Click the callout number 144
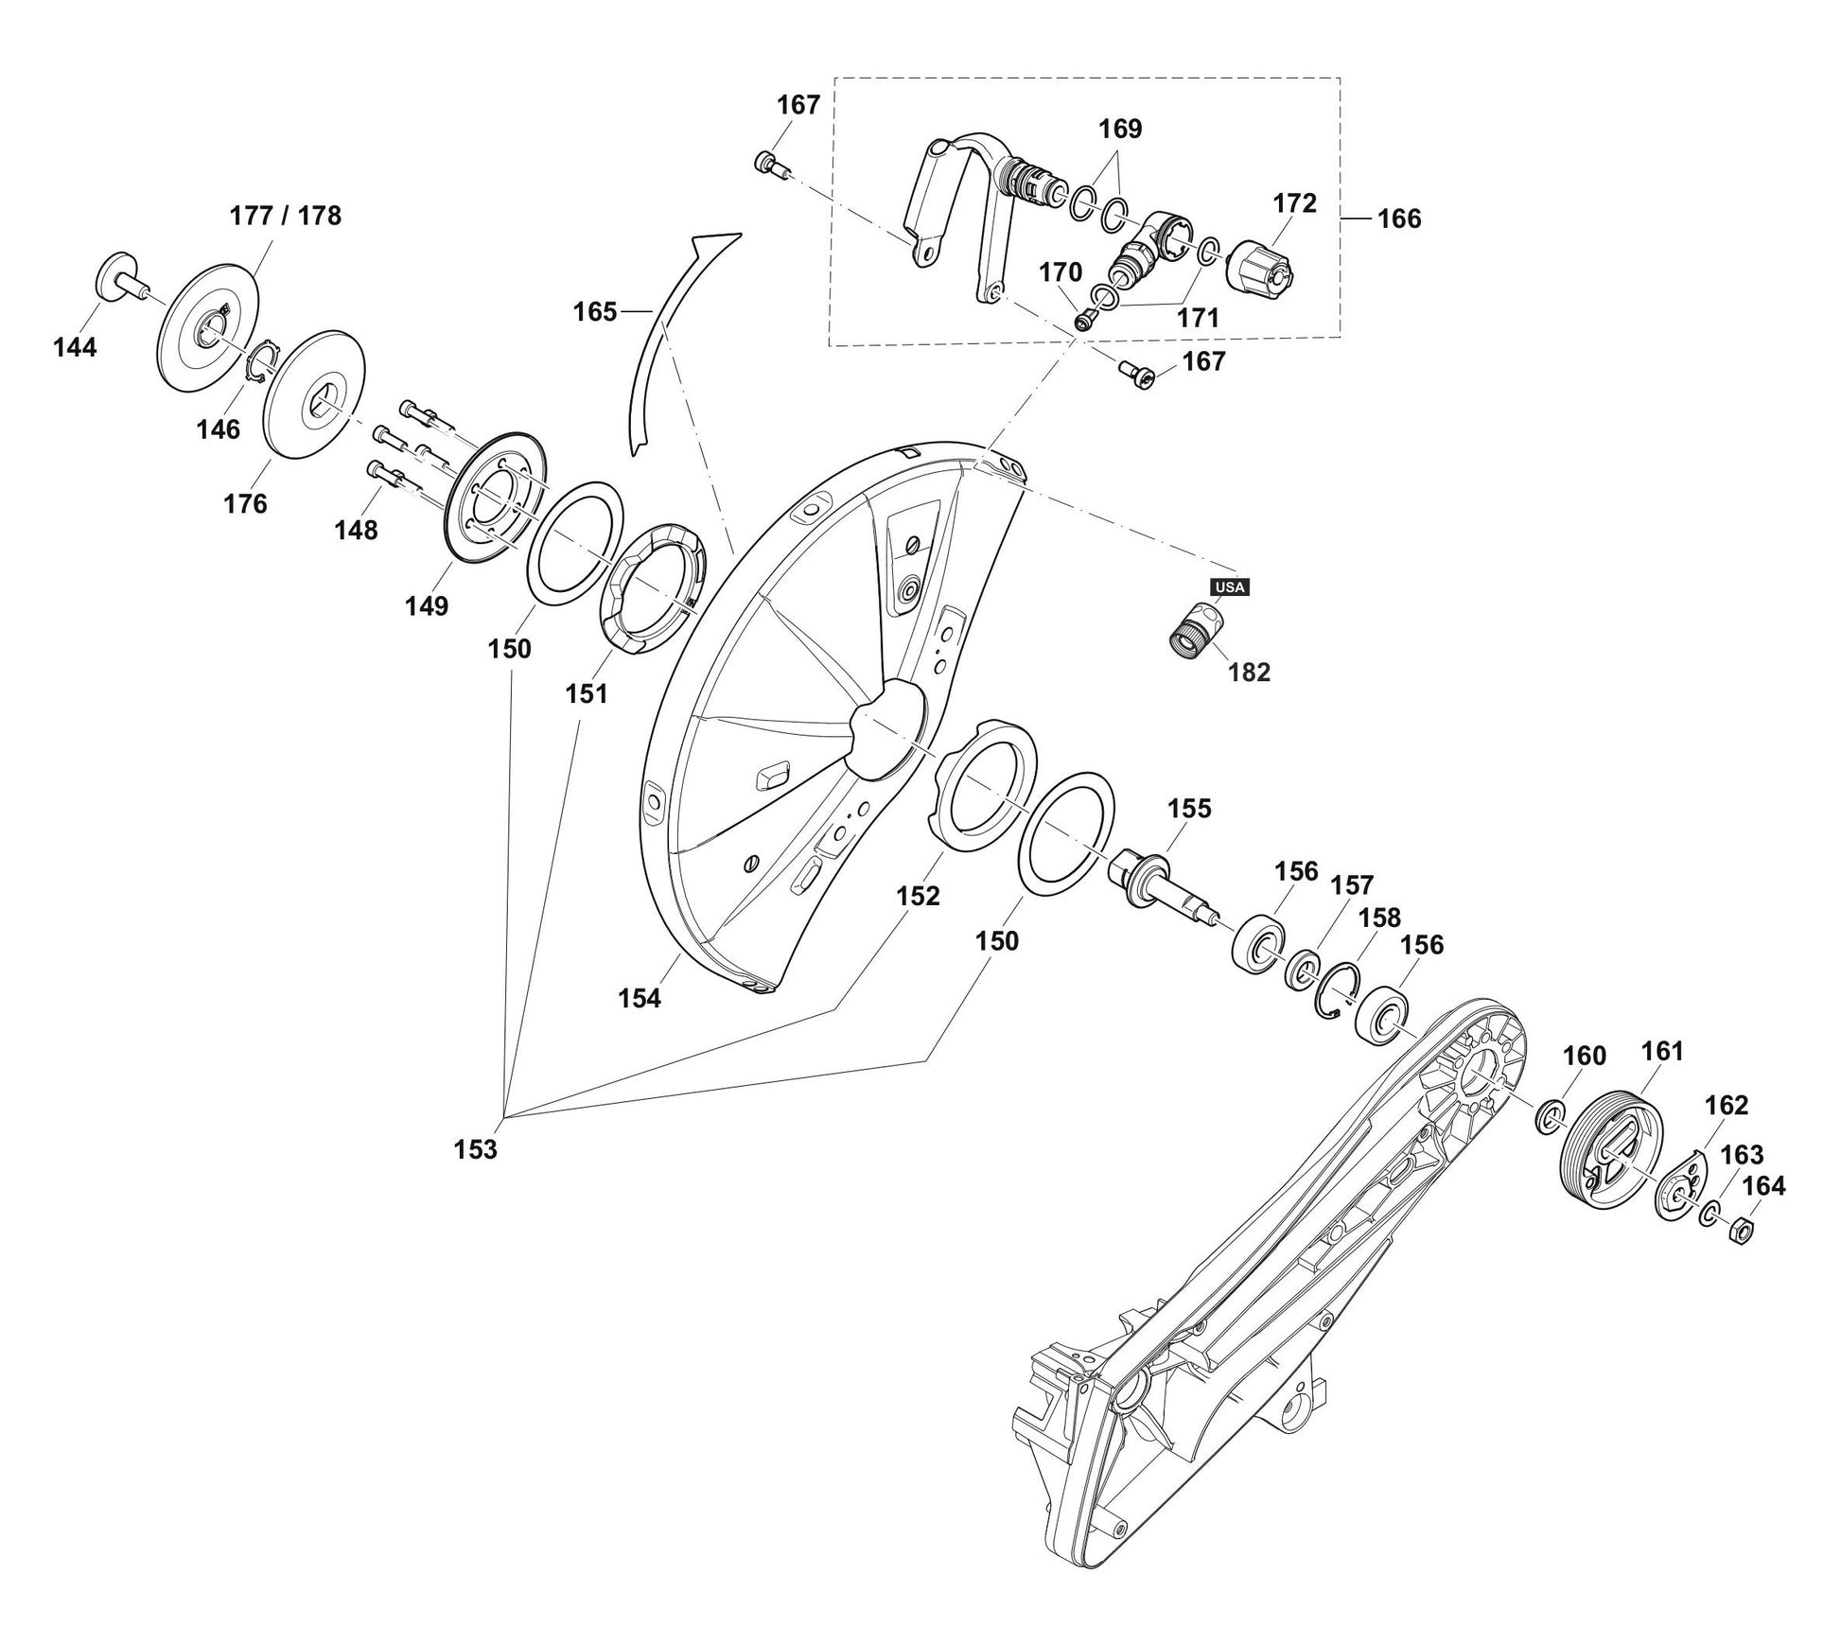pyautogui.click(x=75, y=348)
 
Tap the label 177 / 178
pyautogui.click(x=285, y=216)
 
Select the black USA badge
pyautogui.click(x=1230, y=586)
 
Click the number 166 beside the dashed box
pyautogui.click(x=1398, y=219)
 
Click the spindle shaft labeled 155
pyautogui.click(x=1160, y=883)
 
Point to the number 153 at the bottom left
pyautogui.click(x=475, y=1149)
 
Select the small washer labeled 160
pyautogui.click(x=1549, y=1118)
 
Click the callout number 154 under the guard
pyautogui.click(x=640, y=998)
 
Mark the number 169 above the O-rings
pyautogui.click(x=1120, y=129)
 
